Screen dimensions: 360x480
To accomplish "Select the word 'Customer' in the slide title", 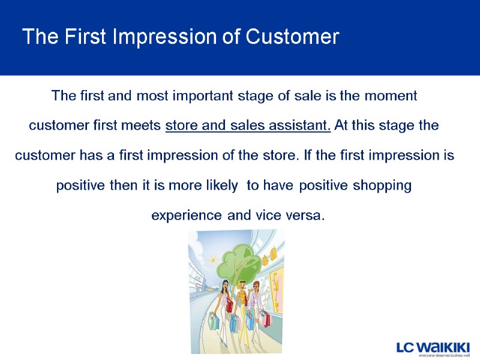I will click(292, 37).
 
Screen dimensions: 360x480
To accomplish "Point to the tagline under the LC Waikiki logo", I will click(436, 355).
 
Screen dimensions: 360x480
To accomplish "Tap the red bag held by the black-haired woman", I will click(229, 305).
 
